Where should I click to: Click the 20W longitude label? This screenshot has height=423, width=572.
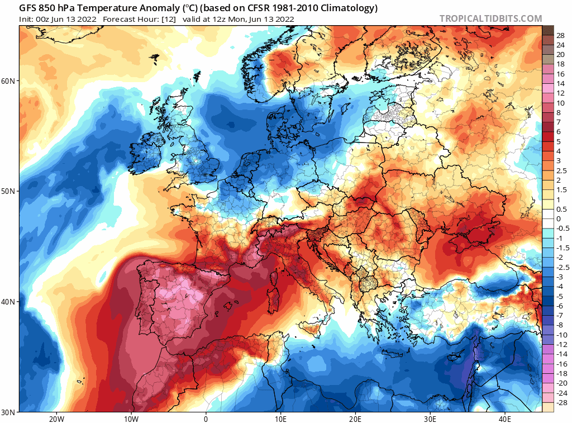(56, 419)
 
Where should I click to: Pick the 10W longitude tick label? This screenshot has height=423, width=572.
(131, 419)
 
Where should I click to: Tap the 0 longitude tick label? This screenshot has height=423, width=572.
(206, 419)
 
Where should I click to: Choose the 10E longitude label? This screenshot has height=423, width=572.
(280, 419)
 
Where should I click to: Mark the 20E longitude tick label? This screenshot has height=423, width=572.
(355, 419)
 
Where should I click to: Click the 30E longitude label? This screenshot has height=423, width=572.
(430, 419)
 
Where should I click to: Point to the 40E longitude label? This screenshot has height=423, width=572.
(505, 419)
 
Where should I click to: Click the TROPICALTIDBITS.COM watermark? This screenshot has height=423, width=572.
(490, 18)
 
